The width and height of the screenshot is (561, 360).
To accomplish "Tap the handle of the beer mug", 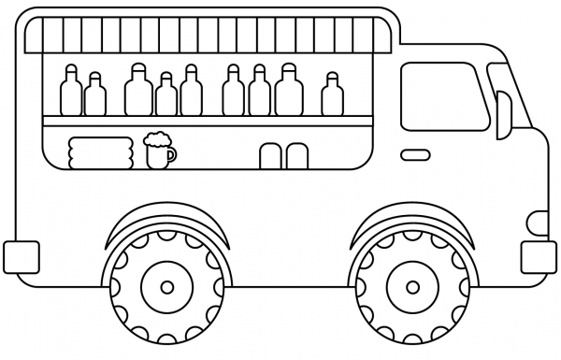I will click(171, 155).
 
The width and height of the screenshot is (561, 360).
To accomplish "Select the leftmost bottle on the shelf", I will click(71, 90).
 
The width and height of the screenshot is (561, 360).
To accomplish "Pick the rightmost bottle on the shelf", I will click(331, 94).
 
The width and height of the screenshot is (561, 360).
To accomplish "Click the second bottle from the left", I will click(94, 95).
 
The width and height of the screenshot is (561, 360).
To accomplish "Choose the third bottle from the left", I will click(138, 90).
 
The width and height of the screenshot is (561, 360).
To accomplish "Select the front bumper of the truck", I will click(538, 255).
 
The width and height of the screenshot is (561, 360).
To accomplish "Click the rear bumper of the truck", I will click(21, 255).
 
